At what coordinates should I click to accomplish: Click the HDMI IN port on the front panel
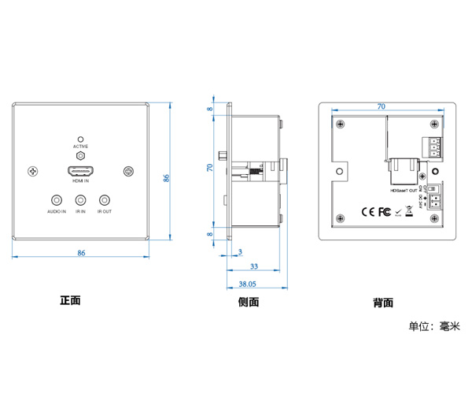81,171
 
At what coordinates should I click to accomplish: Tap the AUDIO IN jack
56,201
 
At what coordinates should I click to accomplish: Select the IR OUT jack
105,201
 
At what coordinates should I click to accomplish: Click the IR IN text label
80,212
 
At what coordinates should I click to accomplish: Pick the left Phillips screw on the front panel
33,171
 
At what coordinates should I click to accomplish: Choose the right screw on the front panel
129,171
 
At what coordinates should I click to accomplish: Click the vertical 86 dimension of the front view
167,178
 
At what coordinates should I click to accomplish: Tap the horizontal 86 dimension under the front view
81,252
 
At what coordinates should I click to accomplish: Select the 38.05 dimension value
247,283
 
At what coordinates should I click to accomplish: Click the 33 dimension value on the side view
254,267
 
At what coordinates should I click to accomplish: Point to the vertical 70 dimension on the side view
210,168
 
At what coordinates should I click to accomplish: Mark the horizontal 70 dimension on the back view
382,106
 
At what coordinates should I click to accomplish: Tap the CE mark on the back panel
367,211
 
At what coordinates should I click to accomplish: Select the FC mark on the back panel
385,211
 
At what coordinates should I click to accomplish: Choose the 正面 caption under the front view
70,300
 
